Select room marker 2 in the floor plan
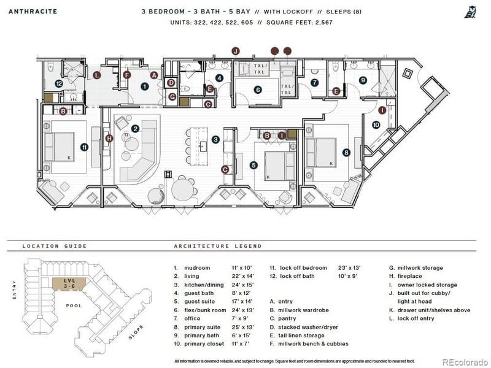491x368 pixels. tap(135, 128)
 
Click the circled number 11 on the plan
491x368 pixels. tap(84, 147)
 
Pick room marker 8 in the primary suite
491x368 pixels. tap(346, 152)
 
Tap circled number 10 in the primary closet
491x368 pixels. tap(376, 125)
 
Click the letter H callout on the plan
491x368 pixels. tap(109, 139)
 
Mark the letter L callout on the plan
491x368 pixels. tap(97, 75)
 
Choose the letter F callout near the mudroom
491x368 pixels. tap(127, 75)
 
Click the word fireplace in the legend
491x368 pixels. tap(412, 276)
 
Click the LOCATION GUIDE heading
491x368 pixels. tap(54, 246)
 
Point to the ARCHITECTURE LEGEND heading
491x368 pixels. tap(217, 246)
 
